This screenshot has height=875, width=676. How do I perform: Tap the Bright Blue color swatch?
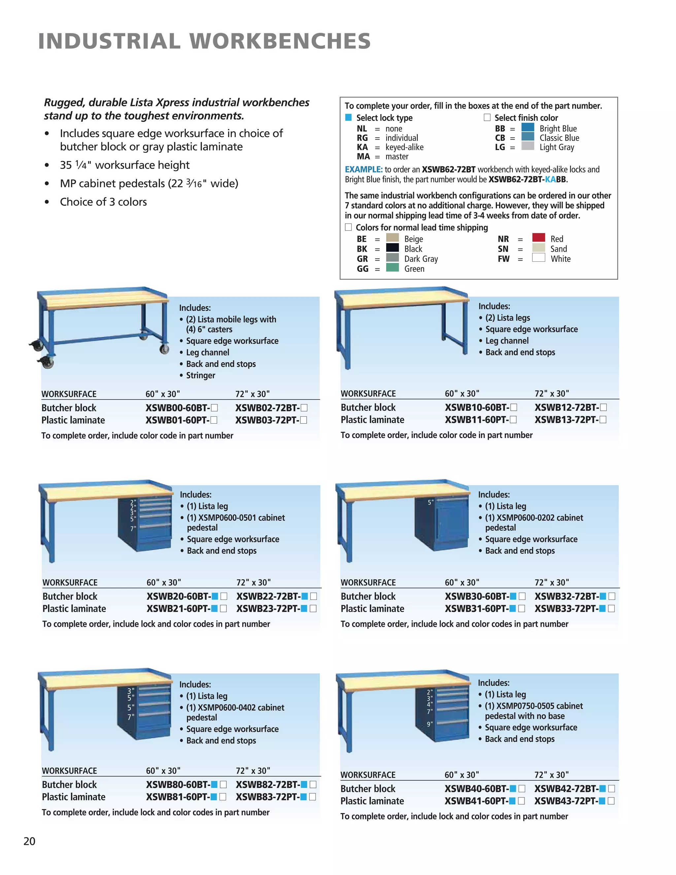click(x=528, y=127)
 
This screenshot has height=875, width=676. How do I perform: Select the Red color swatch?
click(x=539, y=238)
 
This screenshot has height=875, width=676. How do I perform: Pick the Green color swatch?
click(x=392, y=268)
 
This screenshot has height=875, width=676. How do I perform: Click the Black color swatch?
click(x=392, y=247)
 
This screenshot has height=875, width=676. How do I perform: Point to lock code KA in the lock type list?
click(x=362, y=147)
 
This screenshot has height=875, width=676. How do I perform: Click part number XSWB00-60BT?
click(x=178, y=408)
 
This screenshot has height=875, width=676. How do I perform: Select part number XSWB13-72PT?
click(x=567, y=419)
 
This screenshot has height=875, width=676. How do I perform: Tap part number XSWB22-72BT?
click(x=268, y=596)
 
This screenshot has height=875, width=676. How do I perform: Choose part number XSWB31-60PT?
click(x=476, y=608)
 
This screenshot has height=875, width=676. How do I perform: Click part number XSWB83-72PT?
click(x=267, y=797)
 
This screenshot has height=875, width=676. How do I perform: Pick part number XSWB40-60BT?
click(x=476, y=789)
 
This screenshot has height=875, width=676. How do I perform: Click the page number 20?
click(x=29, y=841)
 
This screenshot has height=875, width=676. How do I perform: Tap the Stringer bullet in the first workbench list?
click(x=200, y=375)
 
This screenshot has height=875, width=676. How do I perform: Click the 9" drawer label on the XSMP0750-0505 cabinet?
click(x=429, y=724)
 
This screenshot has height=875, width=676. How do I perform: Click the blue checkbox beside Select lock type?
click(x=348, y=117)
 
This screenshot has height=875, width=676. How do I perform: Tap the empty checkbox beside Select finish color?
click(x=487, y=117)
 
